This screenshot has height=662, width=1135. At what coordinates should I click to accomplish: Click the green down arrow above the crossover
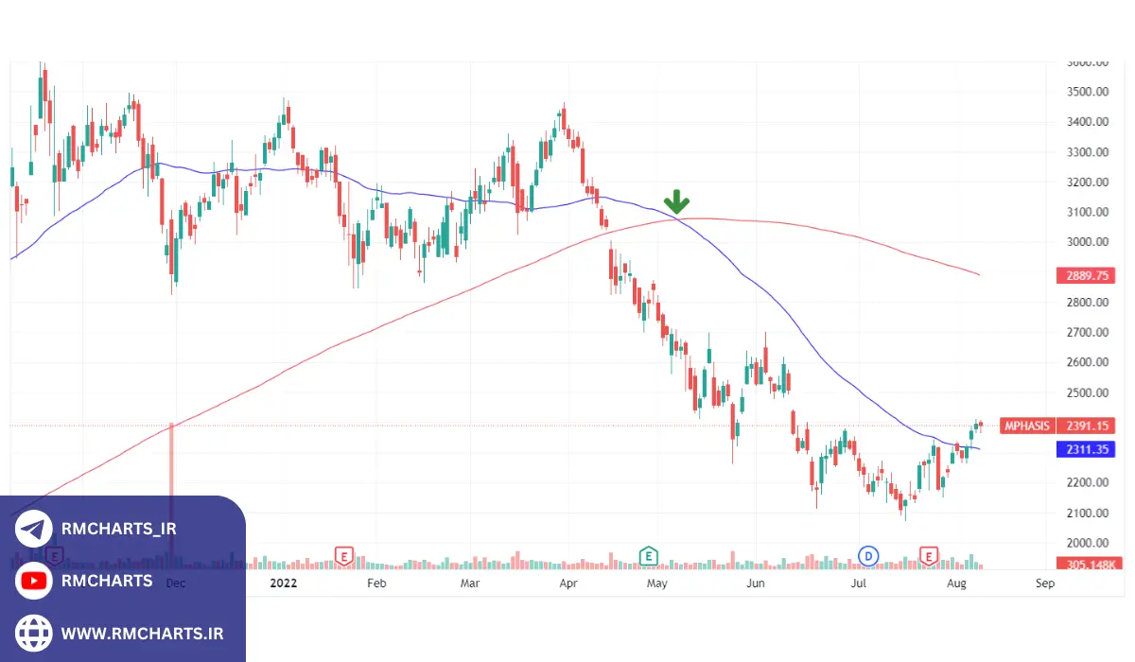(676, 200)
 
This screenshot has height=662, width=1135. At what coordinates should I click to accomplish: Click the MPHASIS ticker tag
(1027, 426)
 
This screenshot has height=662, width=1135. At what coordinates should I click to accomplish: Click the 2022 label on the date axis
(283, 584)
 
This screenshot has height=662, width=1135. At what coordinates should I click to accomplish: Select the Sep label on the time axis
(1045, 584)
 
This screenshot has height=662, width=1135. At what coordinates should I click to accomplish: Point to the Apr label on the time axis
(568, 584)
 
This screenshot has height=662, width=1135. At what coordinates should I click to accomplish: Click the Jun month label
(755, 584)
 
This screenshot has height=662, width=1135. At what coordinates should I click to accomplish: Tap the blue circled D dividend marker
(867, 555)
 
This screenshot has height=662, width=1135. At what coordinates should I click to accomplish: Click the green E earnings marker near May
(649, 555)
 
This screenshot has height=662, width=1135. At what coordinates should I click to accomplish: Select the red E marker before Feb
(344, 555)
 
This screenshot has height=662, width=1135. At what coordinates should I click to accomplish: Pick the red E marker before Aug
(930, 555)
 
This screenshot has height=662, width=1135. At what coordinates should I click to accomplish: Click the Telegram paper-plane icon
(34, 530)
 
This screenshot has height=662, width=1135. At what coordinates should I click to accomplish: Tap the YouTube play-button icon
(34, 581)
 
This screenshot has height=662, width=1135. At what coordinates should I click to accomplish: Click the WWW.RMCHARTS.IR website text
(142, 632)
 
